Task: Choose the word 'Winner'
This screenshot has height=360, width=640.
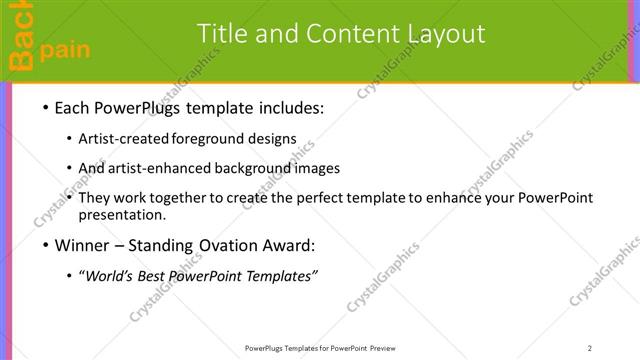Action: point(84,246)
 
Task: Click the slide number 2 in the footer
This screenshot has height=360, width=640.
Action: point(590,347)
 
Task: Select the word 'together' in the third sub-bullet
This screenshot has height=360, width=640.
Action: point(175,198)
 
